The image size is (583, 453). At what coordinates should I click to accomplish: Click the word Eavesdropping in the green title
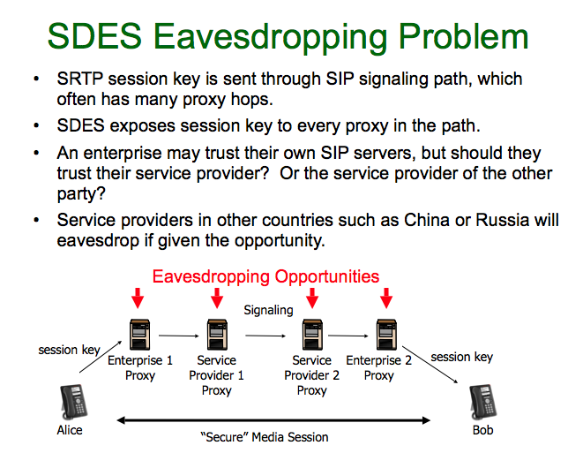(x=271, y=38)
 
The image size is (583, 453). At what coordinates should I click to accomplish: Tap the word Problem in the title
(x=463, y=36)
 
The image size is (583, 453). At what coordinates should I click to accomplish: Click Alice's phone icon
(x=73, y=403)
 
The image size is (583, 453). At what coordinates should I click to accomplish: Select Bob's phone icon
(x=483, y=403)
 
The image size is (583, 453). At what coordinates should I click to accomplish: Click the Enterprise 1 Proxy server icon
(x=140, y=335)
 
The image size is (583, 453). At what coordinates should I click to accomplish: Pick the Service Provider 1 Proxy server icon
(x=217, y=335)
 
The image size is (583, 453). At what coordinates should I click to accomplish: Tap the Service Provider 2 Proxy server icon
(x=312, y=335)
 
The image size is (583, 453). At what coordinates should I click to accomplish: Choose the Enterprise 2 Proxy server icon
(x=386, y=335)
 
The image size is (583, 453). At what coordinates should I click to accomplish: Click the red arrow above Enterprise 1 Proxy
(x=138, y=298)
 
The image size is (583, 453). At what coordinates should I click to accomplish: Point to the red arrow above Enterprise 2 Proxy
(x=386, y=298)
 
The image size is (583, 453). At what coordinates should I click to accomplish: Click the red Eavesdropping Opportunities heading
(x=265, y=277)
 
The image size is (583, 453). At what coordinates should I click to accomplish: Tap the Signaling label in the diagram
(x=268, y=310)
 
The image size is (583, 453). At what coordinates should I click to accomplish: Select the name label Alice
(x=70, y=430)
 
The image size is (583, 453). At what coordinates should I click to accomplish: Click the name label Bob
(x=483, y=430)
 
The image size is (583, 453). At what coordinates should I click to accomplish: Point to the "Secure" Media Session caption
(x=265, y=437)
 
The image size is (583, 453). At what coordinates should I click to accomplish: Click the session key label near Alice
(x=69, y=350)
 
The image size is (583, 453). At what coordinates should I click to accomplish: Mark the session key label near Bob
(x=462, y=357)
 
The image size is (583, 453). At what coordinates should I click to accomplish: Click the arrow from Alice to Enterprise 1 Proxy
(x=101, y=357)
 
